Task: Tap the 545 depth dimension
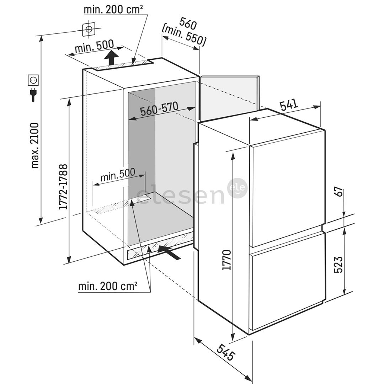[x=227, y=352]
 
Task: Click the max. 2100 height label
[x=34, y=145]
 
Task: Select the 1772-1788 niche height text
[x=63, y=187]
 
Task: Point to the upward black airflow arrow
[x=112, y=58]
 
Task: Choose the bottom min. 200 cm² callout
[x=108, y=286]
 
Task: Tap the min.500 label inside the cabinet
[x=117, y=174]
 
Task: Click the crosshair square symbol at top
[x=89, y=29]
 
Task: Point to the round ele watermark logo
[x=237, y=188]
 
